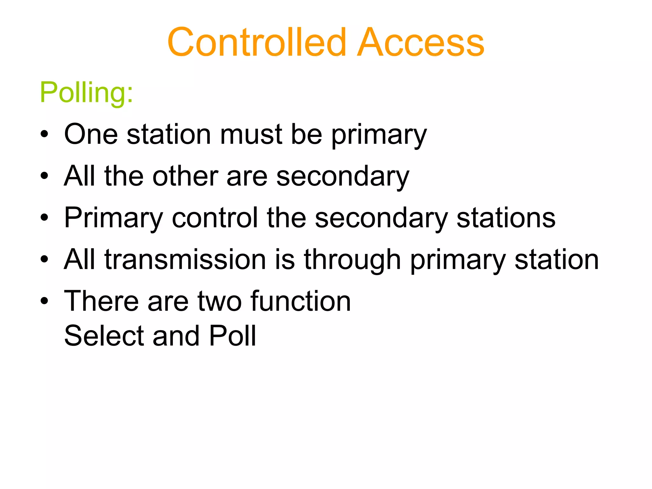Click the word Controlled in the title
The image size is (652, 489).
pos(257,42)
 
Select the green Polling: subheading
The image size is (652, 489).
pos(86,92)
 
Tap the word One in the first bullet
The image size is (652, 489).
pos(91,134)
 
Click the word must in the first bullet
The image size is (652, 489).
pos(251,134)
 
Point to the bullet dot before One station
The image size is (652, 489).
pos(45,134)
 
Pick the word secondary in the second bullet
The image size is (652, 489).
pos(343,177)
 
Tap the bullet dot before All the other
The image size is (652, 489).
pos(45,176)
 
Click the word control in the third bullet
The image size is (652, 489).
pos(215,218)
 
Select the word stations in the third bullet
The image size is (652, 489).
pos(506,218)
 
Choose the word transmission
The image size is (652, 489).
pos(185,259)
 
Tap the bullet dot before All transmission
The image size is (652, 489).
pos(45,259)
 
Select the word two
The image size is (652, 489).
pos(220,302)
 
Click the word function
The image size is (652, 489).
pos(301,301)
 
